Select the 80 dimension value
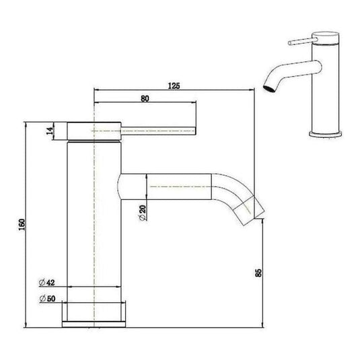pyautogui.click(x=145, y=98)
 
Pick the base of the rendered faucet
pyautogui.click(x=328, y=135)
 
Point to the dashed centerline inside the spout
pyautogui.click(x=182, y=187)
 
